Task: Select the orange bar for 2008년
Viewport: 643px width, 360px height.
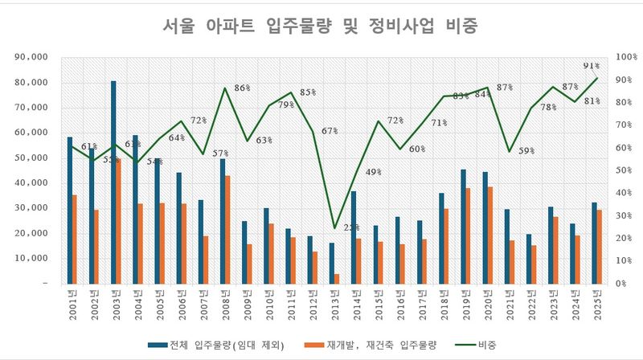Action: click(227, 230)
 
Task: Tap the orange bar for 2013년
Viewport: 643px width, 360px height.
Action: click(337, 279)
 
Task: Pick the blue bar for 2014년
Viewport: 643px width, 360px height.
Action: click(353, 237)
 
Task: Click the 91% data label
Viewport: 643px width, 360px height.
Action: click(590, 66)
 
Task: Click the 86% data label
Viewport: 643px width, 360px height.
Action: click(242, 88)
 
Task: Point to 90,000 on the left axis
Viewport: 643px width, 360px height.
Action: click(32, 58)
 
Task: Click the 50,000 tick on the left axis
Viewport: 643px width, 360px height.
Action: click(32, 158)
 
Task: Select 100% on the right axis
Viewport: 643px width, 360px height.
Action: click(625, 58)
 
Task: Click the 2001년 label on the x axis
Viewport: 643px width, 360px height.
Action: click(72, 306)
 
